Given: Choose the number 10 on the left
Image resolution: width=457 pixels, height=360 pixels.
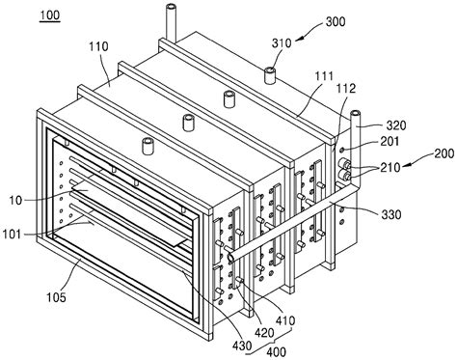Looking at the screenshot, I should click(16, 199).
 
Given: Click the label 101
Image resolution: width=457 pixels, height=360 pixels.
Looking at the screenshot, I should click(17, 233).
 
